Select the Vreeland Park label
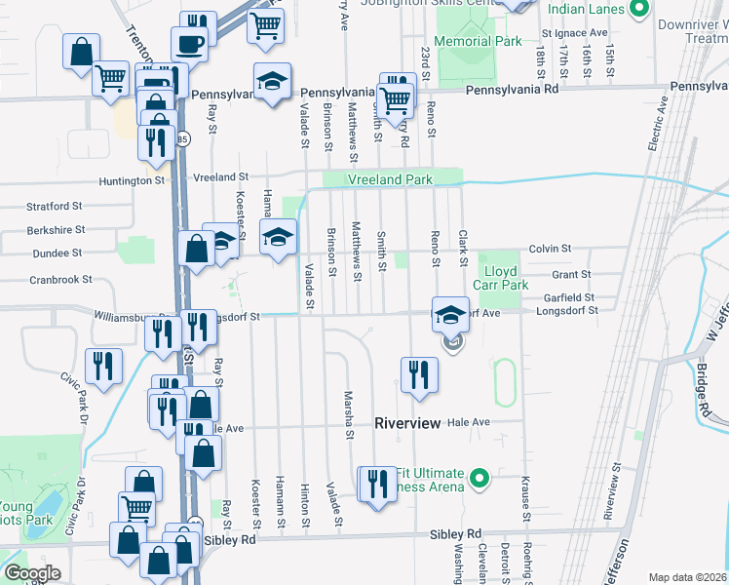[x=391, y=180]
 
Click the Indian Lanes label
[x=587, y=10]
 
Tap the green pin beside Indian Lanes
[x=639, y=10]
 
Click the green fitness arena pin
[x=479, y=478]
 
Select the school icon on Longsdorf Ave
[x=449, y=314]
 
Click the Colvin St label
[x=550, y=250]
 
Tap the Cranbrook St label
[x=59, y=279]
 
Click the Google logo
[x=32, y=573]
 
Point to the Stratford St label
[x=53, y=207]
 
